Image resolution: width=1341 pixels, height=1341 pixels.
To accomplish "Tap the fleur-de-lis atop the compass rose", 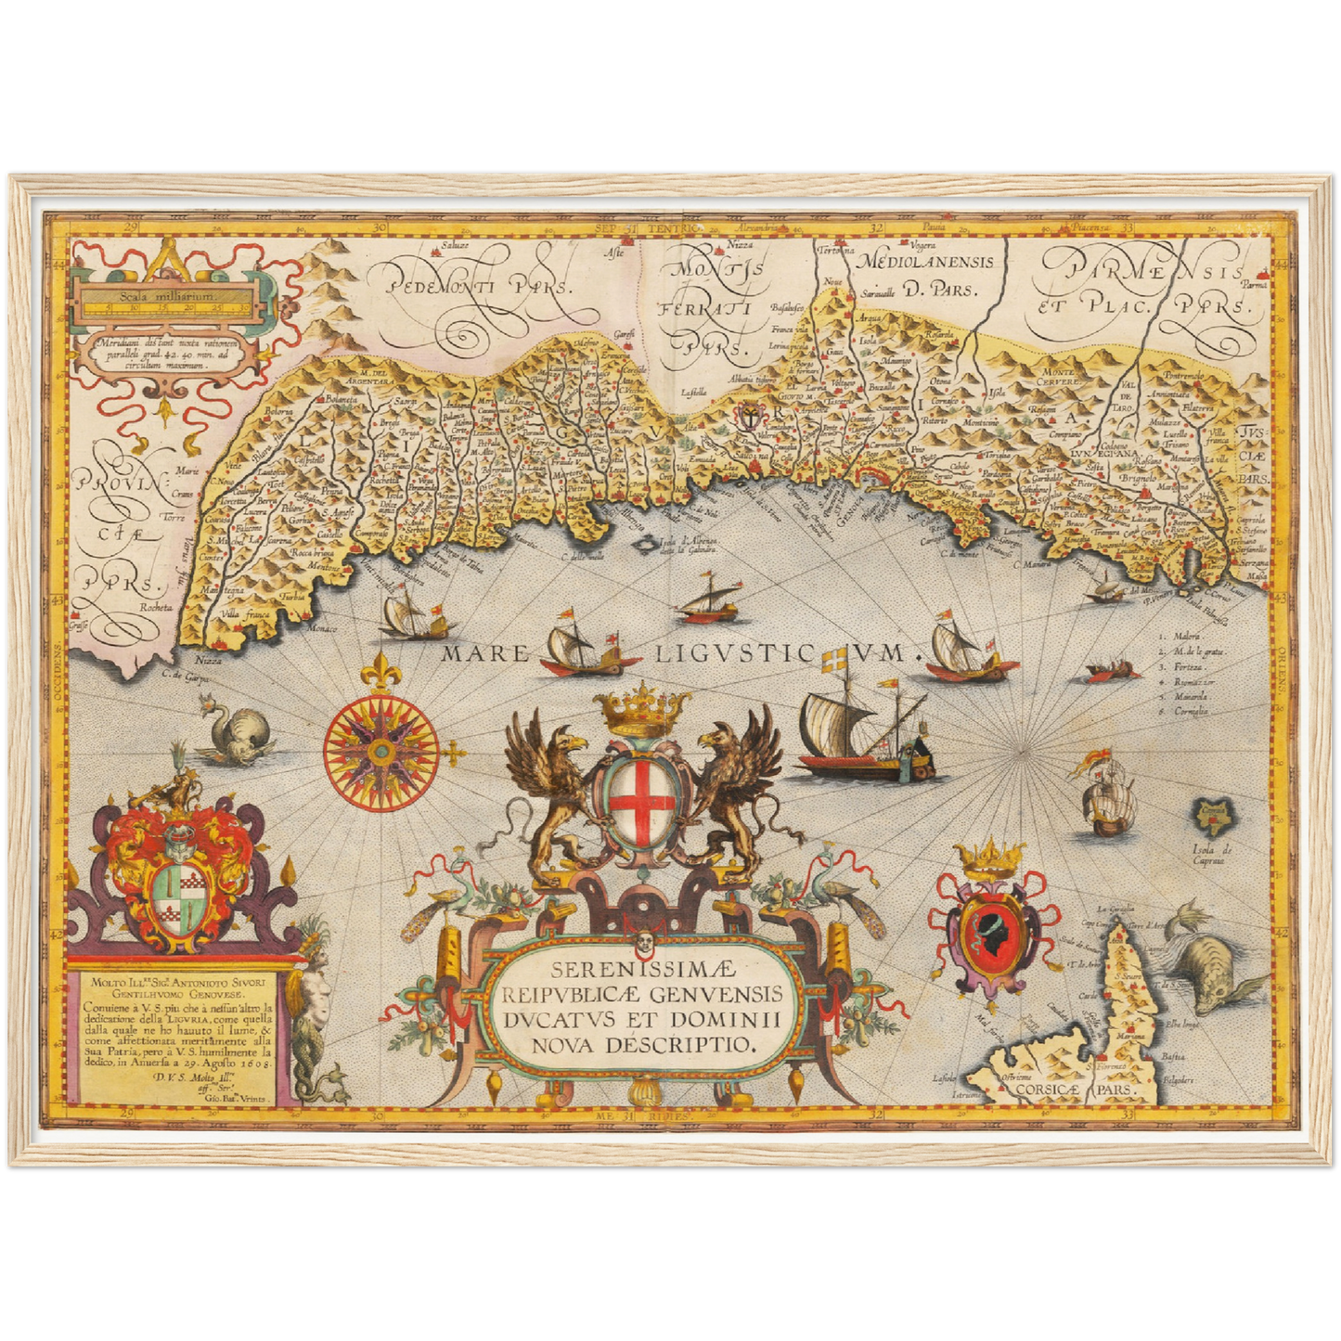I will [x=380, y=671].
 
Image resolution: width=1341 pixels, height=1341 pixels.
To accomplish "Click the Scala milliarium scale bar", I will [x=166, y=304].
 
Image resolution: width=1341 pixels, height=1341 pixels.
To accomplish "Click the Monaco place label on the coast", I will [x=324, y=629].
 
